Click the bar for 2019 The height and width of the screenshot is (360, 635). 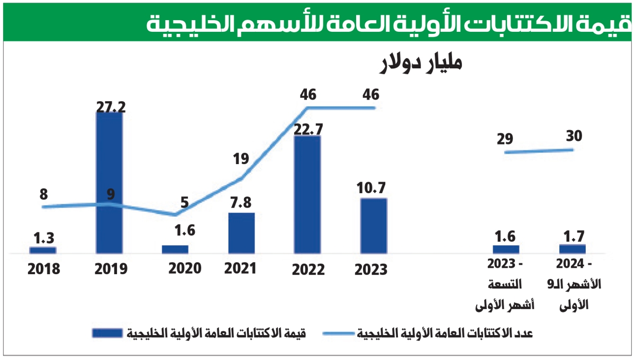pyautogui.click(x=109, y=183)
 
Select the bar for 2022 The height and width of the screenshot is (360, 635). pyautogui.click(x=307, y=195)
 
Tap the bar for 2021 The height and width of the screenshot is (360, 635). pyautogui.click(x=241, y=233)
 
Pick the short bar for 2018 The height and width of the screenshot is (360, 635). pyautogui.click(x=43, y=250)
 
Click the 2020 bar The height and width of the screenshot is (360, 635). pyautogui.click(x=175, y=249)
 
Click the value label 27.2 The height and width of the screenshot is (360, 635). pyautogui.click(x=111, y=106)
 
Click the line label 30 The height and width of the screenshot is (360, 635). pyautogui.click(x=573, y=136)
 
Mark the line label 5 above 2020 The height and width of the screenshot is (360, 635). pyautogui.click(x=184, y=202)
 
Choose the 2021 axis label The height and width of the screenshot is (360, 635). pyautogui.click(x=240, y=268)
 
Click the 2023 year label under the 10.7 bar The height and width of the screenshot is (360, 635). pyautogui.click(x=371, y=269)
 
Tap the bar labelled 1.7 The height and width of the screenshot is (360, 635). pyautogui.click(x=573, y=249)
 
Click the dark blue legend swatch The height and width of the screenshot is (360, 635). pyautogui.click(x=109, y=333)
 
